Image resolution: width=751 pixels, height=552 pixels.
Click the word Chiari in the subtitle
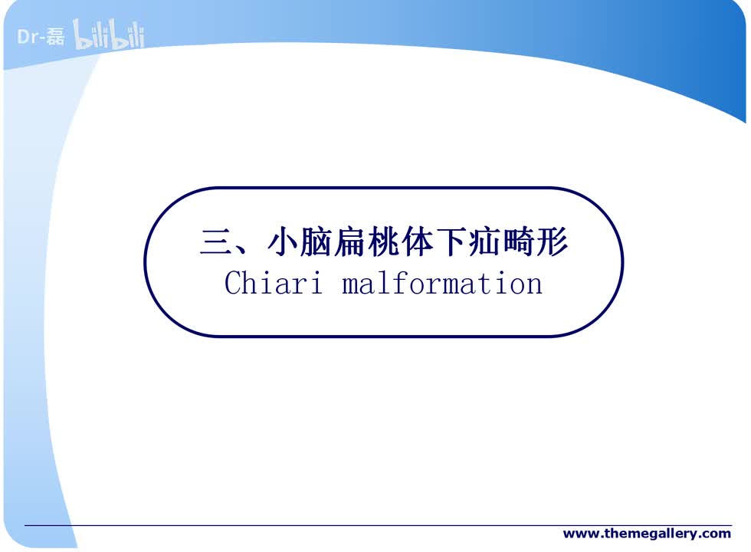(271, 283)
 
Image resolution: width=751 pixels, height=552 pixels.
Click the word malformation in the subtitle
(442, 283)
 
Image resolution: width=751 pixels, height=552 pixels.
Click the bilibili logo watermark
(108, 36)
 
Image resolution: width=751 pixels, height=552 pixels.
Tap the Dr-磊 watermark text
(41, 36)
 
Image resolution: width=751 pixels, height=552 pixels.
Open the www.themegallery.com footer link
(647, 533)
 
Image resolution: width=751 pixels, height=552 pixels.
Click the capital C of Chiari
(233, 283)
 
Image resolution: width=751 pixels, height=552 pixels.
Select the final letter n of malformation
(534, 284)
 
